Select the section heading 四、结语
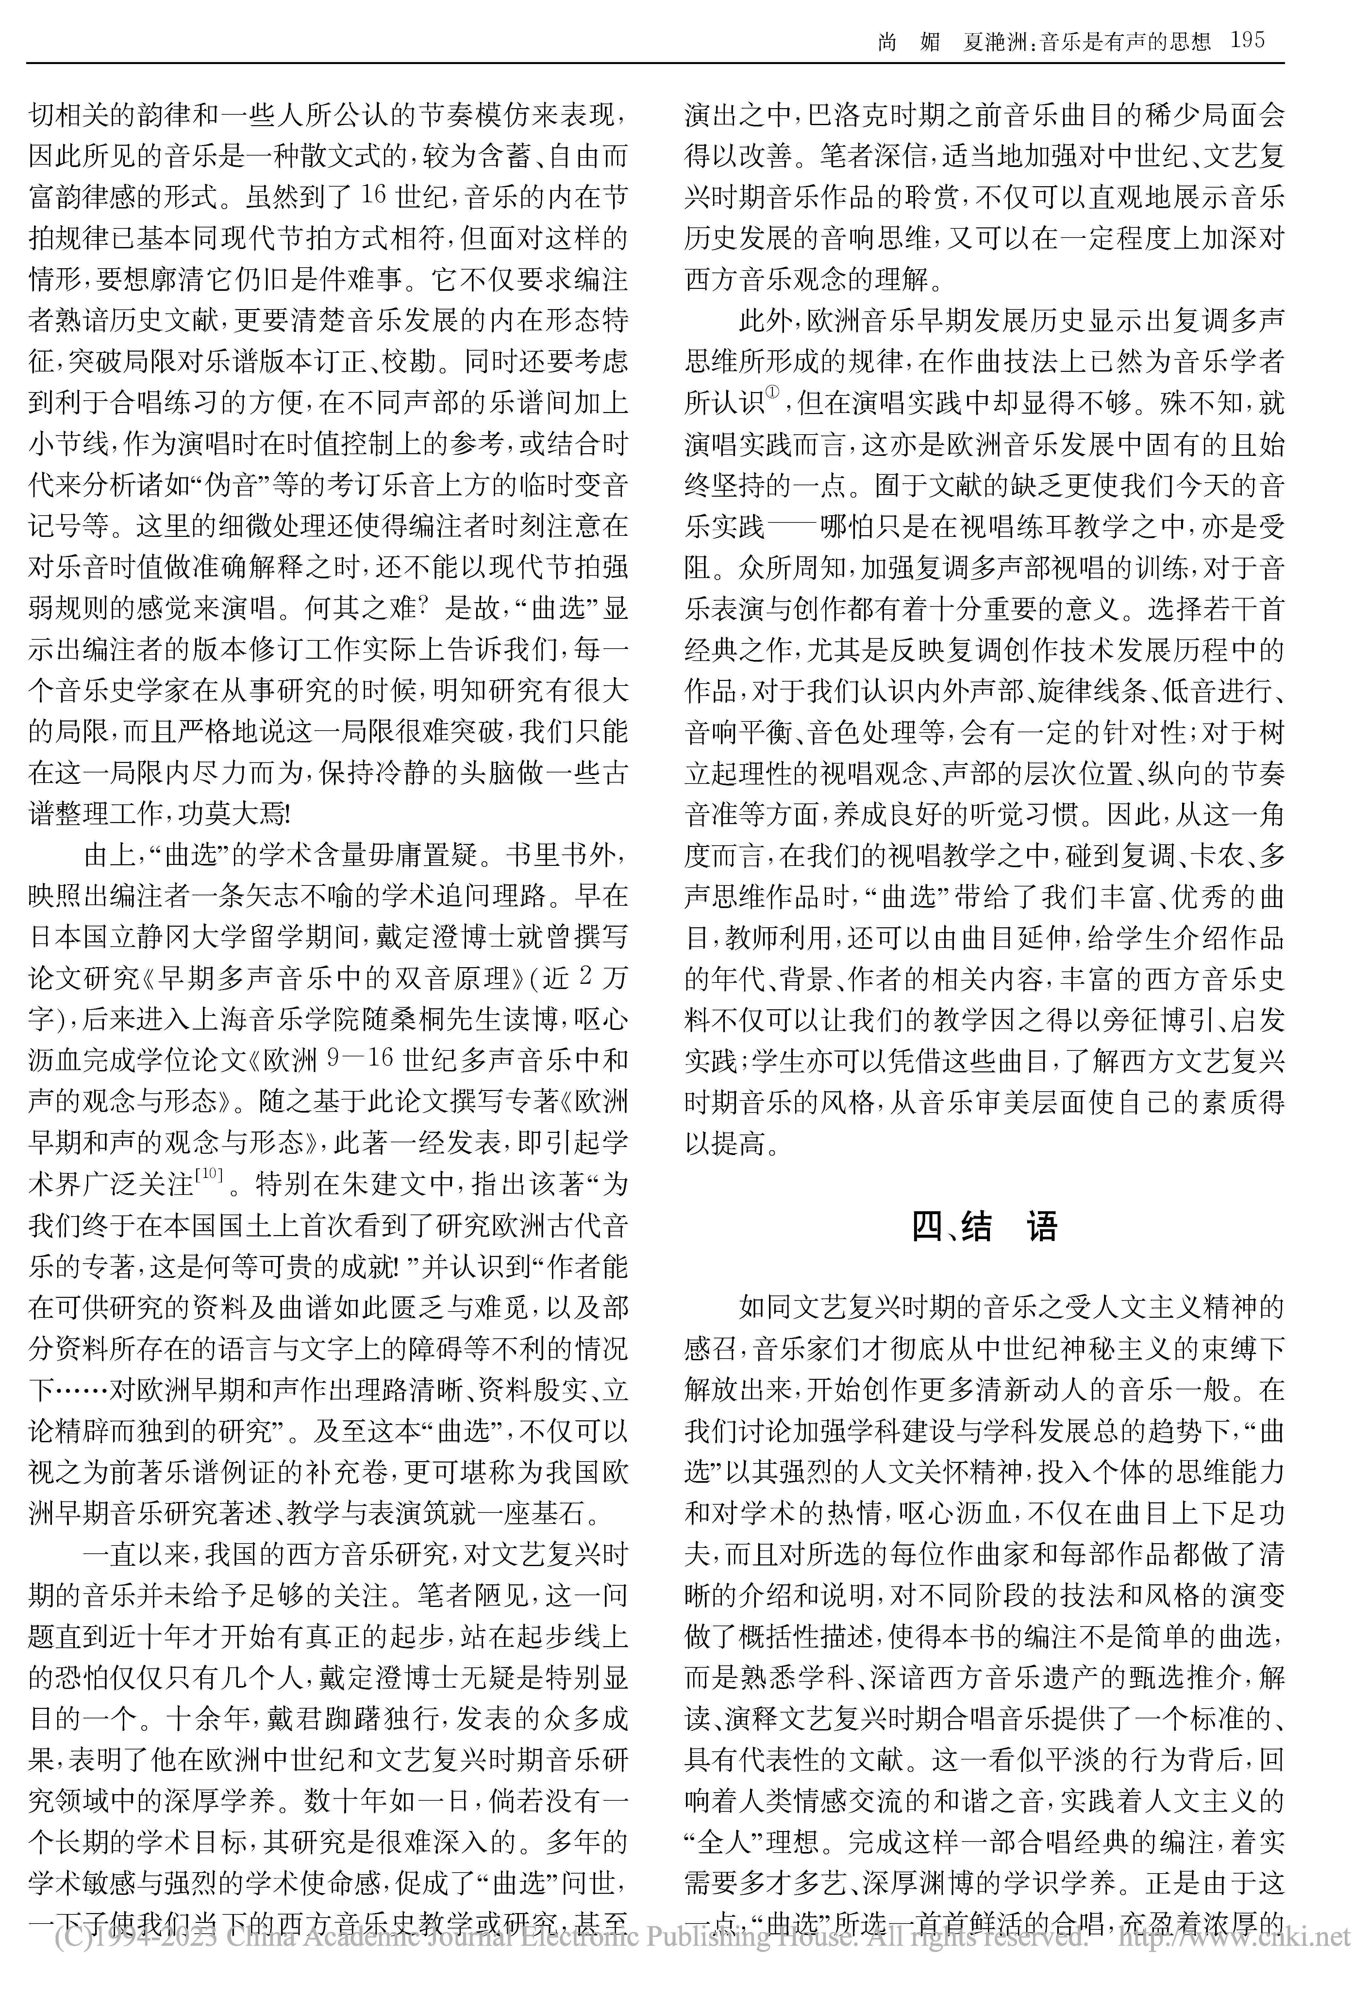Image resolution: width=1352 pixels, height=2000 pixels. [x=984, y=1226]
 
